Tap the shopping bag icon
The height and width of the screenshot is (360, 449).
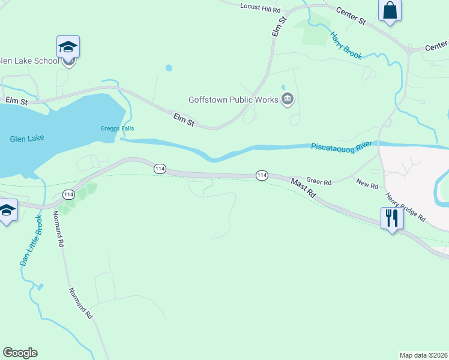coord(390,11)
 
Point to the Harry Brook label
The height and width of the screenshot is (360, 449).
coord(346,45)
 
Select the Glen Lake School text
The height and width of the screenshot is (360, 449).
coord(30,61)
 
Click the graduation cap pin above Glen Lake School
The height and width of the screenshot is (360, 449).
coord(68,46)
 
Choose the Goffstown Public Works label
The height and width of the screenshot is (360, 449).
coord(232,100)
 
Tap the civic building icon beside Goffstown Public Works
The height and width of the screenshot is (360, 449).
coord(288,99)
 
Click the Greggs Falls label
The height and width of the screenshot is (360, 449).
coord(117,128)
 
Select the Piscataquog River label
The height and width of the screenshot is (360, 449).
coord(342,146)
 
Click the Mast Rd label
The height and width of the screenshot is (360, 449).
coord(303,187)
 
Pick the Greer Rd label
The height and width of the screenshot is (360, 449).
coord(319,181)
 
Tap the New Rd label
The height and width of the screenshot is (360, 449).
coord(367,185)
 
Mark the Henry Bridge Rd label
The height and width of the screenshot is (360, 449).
coord(405,206)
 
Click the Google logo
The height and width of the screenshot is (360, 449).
coord(20,353)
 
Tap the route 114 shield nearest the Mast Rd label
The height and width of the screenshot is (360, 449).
coord(262,175)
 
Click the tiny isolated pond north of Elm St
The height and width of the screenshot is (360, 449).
coord(169,68)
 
